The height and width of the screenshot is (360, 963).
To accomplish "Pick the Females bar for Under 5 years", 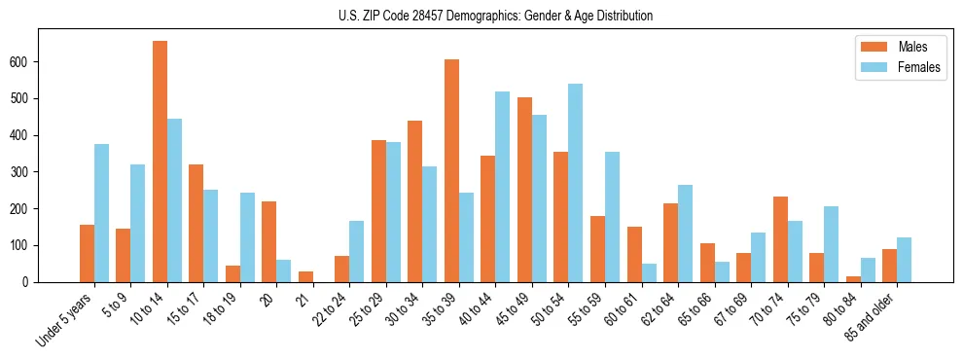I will (101, 213).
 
